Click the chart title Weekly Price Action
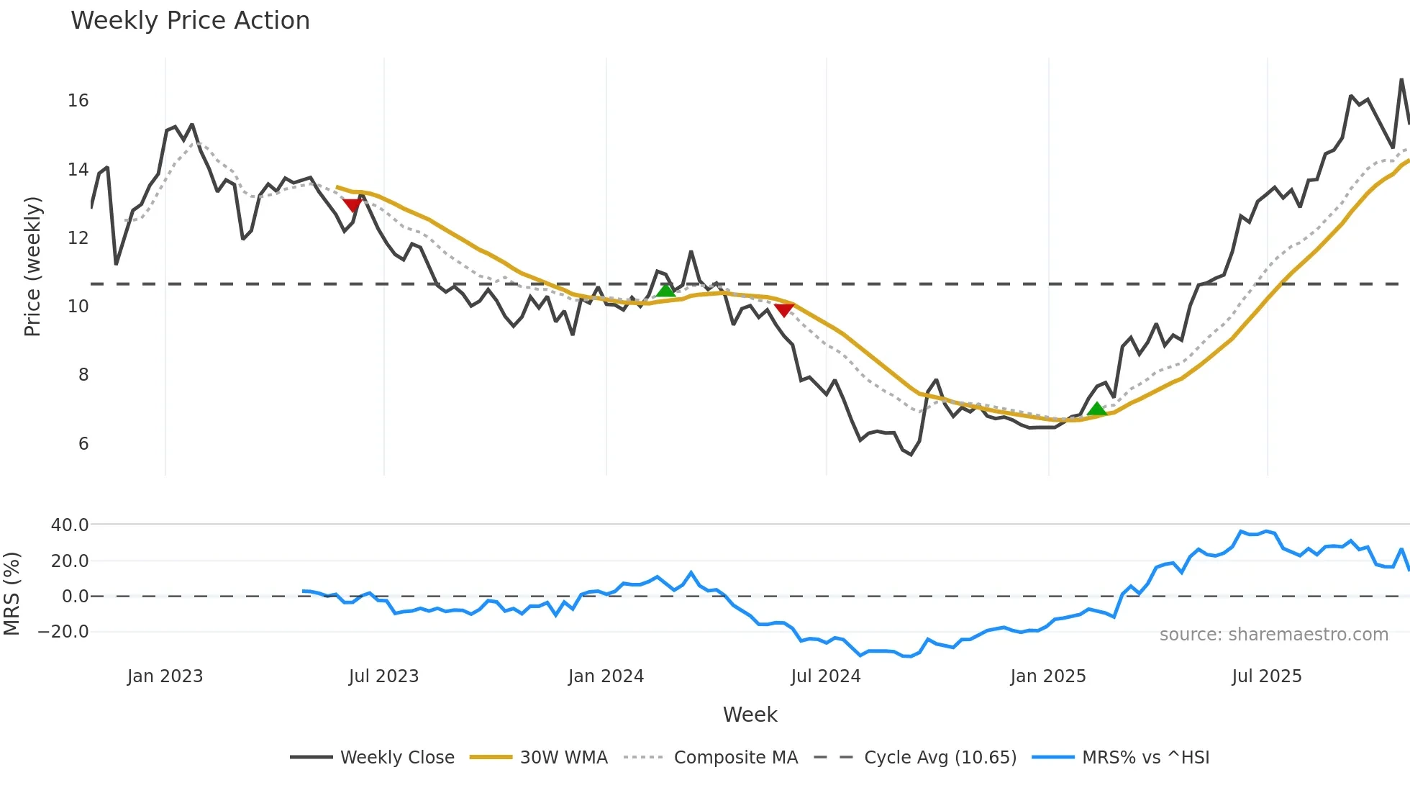point(190,21)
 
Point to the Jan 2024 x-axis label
point(606,676)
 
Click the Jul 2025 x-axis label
point(1267,676)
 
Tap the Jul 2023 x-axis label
point(383,676)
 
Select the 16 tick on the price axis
point(78,101)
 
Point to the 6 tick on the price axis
point(83,444)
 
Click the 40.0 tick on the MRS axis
point(70,525)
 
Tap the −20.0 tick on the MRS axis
point(63,632)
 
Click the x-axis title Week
point(750,715)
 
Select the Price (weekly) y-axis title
point(32,266)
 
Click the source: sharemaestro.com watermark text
point(1273,635)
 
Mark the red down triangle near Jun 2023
point(352,205)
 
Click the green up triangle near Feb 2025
point(1096,409)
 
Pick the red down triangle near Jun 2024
point(784,310)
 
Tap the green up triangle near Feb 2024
point(666,290)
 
